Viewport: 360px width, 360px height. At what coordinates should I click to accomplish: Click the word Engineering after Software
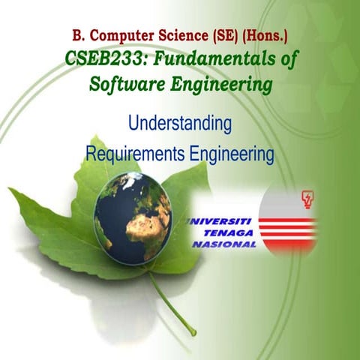(219, 86)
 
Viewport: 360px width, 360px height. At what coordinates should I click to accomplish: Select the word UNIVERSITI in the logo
(223, 221)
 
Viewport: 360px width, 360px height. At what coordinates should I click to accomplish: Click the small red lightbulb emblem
(307, 199)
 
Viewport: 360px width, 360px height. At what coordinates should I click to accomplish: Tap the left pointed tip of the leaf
(12, 192)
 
